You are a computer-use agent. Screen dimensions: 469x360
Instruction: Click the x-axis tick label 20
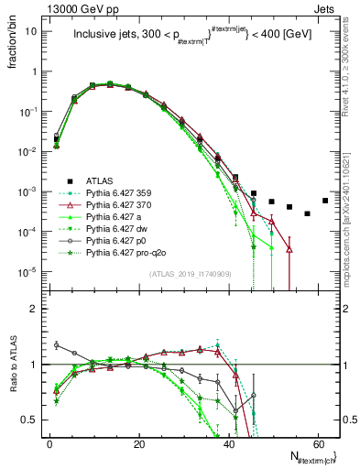pyautogui.click(x=138, y=442)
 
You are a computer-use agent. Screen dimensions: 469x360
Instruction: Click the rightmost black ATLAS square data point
pyautogui.click(x=325, y=201)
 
